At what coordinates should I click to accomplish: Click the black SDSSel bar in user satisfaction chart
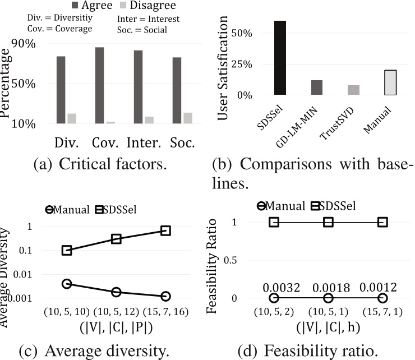point(280,58)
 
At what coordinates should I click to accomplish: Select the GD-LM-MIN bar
point(317,87)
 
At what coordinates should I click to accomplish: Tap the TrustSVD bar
point(353,90)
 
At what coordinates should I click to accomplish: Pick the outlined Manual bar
point(390,82)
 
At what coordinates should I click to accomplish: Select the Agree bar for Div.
point(61,90)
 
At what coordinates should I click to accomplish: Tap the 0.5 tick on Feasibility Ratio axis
point(251,260)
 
